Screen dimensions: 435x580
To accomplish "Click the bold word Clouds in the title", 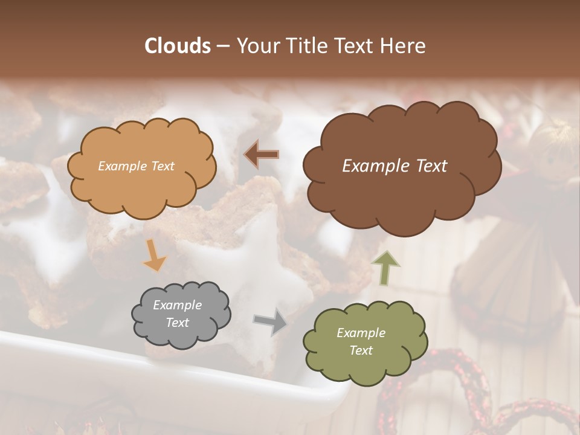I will tap(178, 46).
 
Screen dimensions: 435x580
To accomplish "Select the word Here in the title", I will tap(404, 46).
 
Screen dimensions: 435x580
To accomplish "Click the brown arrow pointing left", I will tap(262, 154).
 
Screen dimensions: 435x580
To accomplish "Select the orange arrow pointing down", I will tap(154, 255).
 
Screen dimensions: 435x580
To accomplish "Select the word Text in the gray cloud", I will tap(178, 323).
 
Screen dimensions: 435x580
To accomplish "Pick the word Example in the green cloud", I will tap(361, 333).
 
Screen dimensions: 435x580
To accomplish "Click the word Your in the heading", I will tap(256, 46).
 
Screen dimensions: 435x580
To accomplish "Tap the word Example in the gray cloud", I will tap(178, 305).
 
